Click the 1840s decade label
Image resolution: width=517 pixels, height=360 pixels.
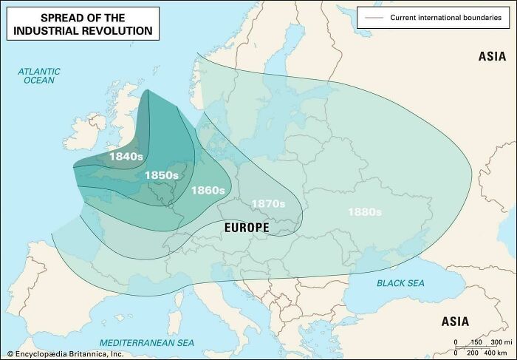pos(125,157)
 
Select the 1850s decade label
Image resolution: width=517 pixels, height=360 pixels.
pos(161,175)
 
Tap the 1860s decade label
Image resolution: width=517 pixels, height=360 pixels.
pos(208,191)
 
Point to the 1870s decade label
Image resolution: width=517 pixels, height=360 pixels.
pos(268,203)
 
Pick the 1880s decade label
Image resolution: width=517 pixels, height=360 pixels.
pos(365,212)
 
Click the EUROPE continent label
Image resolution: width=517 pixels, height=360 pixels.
pos(247,228)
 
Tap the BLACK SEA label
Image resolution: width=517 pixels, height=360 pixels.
pos(401,283)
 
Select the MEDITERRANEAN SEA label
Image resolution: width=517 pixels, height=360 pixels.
pos(146,343)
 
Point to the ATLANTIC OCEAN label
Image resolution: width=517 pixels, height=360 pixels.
pos(39,75)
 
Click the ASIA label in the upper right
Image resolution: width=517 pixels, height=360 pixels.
pos(492,56)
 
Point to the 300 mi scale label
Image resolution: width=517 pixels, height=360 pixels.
pos(501,342)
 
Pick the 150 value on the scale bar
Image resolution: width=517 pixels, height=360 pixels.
pos(476,342)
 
